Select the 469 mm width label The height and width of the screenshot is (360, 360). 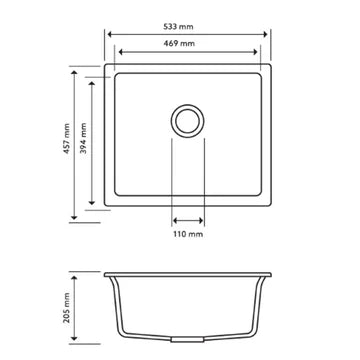coord(188,46)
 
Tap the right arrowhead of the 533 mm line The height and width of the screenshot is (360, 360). coord(270,31)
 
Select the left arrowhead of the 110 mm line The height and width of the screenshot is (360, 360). coord(175,220)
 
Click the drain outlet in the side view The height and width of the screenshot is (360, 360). coord(188,339)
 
